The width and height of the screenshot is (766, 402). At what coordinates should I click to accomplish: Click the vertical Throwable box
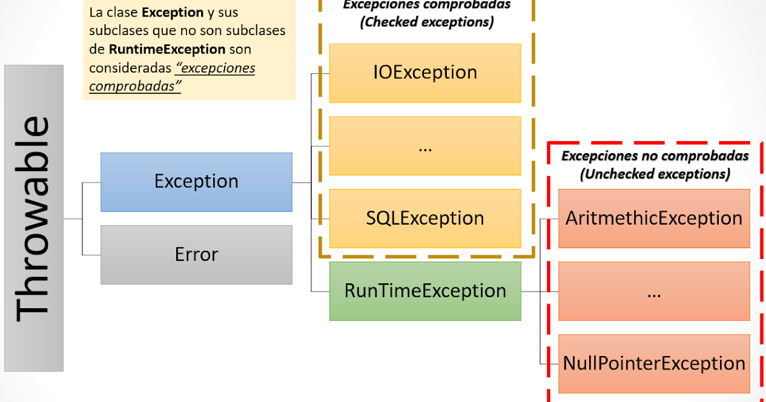point(34,218)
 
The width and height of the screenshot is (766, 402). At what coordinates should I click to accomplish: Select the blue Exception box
point(196,182)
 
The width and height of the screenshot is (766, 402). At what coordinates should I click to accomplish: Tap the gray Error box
point(196,255)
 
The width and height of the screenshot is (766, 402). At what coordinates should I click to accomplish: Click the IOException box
point(425,73)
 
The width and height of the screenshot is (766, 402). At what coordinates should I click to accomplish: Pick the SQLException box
point(425,218)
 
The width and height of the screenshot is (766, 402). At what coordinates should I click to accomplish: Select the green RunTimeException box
point(425,291)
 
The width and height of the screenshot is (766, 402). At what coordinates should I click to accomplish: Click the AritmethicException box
point(654,218)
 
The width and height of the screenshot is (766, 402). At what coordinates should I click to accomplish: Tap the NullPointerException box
point(654,364)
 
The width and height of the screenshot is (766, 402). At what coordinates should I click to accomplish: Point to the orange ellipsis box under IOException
point(425,145)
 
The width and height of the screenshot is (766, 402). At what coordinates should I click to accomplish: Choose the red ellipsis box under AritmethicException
point(654,291)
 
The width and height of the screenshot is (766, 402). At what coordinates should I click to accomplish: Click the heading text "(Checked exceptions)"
point(426,22)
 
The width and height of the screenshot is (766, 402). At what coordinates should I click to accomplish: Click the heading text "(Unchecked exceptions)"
point(655,174)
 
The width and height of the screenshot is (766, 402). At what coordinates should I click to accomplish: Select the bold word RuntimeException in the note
point(167,49)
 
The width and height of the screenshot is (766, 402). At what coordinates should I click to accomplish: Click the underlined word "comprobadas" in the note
point(135,86)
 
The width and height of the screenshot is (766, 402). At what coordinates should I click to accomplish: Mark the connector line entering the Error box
point(91,255)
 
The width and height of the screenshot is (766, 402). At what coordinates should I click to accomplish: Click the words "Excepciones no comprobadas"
point(655,156)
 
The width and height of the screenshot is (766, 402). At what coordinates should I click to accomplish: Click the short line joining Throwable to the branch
point(73,218)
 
